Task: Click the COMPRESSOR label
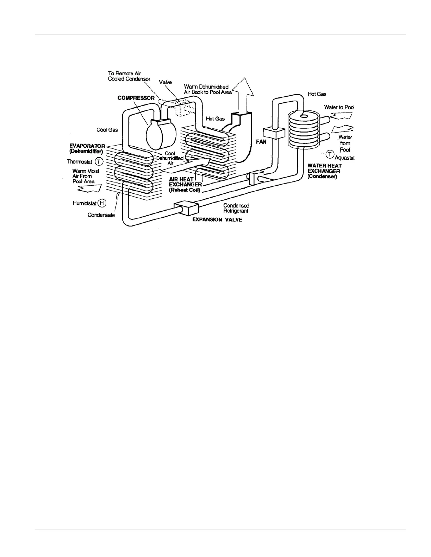pos(136,98)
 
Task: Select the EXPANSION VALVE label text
pos(217,220)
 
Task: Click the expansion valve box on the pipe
pos(187,209)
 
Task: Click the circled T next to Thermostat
pos(99,162)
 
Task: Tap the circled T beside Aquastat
pos(330,154)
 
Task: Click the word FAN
pos(261,142)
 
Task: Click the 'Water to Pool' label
pos(339,107)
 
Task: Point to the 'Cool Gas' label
pos(107,130)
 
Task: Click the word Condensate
pos(101,215)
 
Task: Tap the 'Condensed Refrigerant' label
pos(236,208)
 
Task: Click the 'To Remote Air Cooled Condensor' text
pos(129,76)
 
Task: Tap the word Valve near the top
pos(165,82)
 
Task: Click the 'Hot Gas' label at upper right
pos(317,94)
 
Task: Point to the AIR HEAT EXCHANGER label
pos(186,184)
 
